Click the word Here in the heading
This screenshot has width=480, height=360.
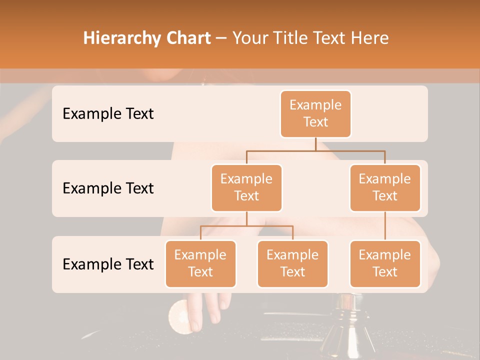point(369,38)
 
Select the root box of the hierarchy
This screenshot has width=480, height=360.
point(315,113)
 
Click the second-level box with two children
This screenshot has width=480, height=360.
point(246,187)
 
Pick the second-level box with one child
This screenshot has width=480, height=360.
point(385,187)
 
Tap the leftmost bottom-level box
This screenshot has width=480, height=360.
point(200,263)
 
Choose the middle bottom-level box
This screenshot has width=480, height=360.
point(292,263)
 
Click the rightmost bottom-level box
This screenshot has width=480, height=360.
point(385,263)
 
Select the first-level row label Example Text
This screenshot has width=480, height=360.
point(108,114)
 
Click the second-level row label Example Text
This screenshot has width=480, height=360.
point(108,188)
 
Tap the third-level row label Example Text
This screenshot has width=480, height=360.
point(108,264)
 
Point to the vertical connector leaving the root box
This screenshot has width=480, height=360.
point(315,144)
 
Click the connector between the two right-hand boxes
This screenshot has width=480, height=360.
point(385,225)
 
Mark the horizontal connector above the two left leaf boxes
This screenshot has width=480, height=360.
point(246,226)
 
